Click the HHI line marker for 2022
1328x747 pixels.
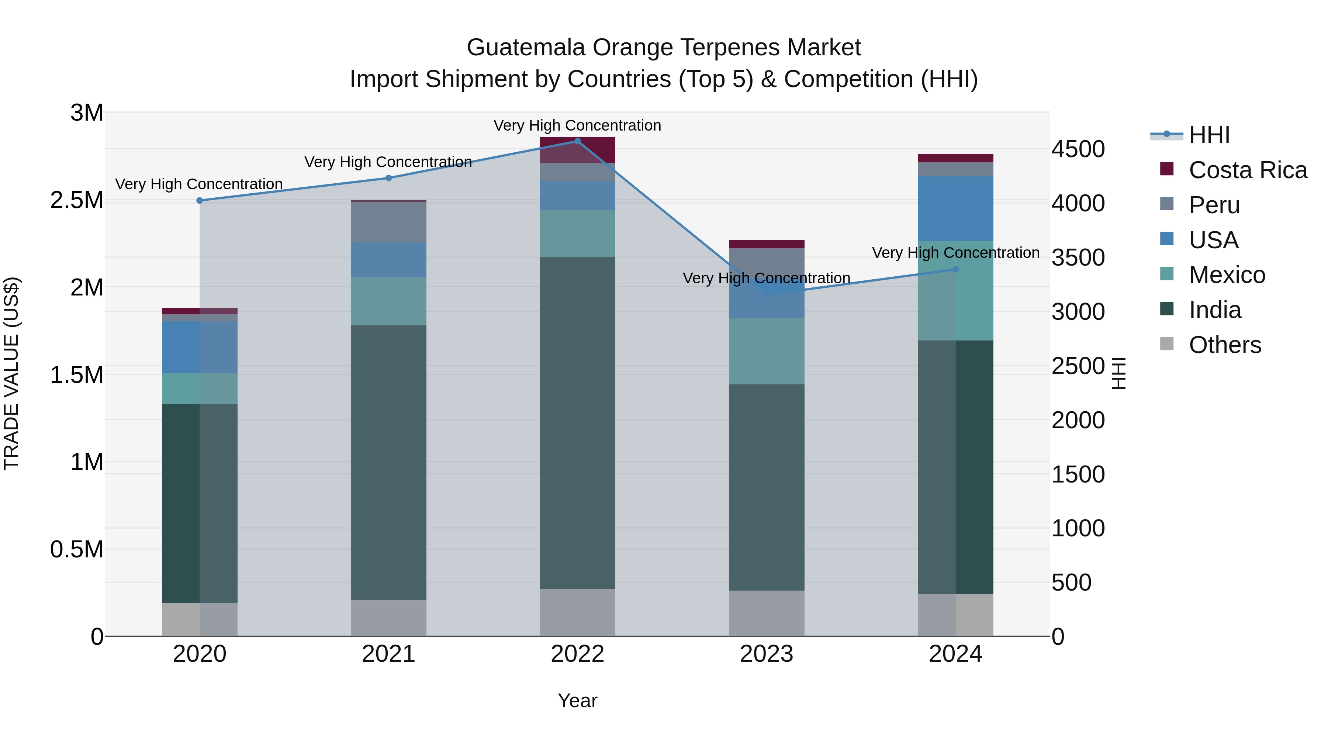click(x=577, y=141)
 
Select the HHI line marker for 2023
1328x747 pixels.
click(x=766, y=294)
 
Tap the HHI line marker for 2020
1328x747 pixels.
click(x=200, y=201)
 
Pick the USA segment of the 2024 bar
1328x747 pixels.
click(x=955, y=209)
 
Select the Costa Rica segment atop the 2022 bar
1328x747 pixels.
click(x=577, y=150)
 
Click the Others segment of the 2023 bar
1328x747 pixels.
click(x=766, y=613)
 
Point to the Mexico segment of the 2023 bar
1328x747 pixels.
click(x=766, y=351)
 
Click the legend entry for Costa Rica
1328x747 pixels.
click(x=1248, y=170)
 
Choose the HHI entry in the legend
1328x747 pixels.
click(x=1209, y=135)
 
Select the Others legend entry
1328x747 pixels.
click(x=1224, y=345)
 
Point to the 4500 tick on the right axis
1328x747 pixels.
click(x=1078, y=149)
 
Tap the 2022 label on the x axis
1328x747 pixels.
click(x=577, y=654)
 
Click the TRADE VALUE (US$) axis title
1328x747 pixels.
click(x=11, y=373)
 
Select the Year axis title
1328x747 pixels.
click(x=577, y=701)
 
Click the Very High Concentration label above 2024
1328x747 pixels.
click(x=955, y=253)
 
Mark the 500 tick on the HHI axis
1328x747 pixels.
click(x=1071, y=582)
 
